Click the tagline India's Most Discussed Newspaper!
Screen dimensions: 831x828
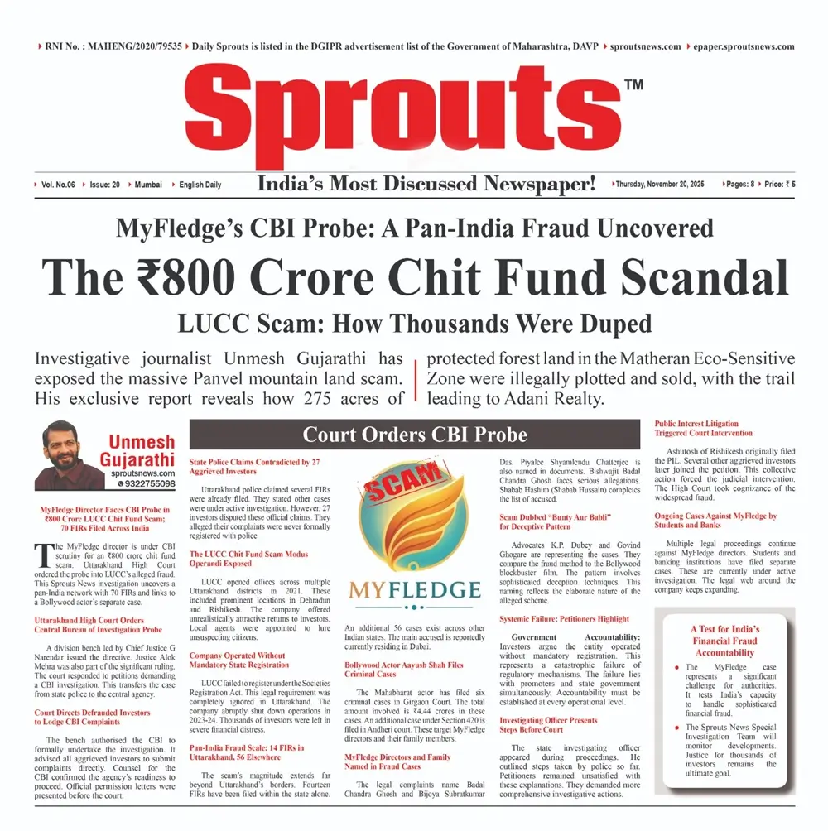coord(426,183)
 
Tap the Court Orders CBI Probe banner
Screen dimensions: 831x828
coord(414,435)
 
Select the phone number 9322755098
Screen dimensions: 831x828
coord(146,483)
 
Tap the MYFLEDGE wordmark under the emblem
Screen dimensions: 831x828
coord(414,590)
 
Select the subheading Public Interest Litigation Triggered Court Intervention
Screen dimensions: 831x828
coord(697,429)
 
